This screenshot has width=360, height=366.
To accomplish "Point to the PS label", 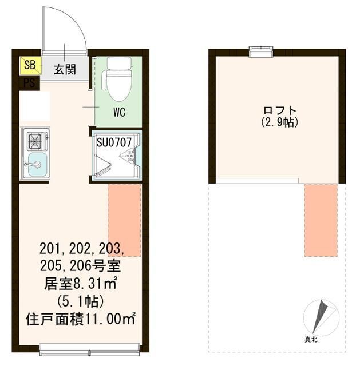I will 29,83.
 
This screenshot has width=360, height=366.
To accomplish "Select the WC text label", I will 119,111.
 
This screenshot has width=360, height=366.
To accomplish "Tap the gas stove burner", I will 33,140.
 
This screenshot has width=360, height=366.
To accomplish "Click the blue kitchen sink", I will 34,165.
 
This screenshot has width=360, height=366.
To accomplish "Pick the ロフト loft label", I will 279,110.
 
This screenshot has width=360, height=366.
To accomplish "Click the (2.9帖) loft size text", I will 279,122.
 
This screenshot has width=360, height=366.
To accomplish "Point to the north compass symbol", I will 322,317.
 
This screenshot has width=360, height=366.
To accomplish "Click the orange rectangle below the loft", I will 321,219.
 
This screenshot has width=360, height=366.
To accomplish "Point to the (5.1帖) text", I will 81,300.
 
